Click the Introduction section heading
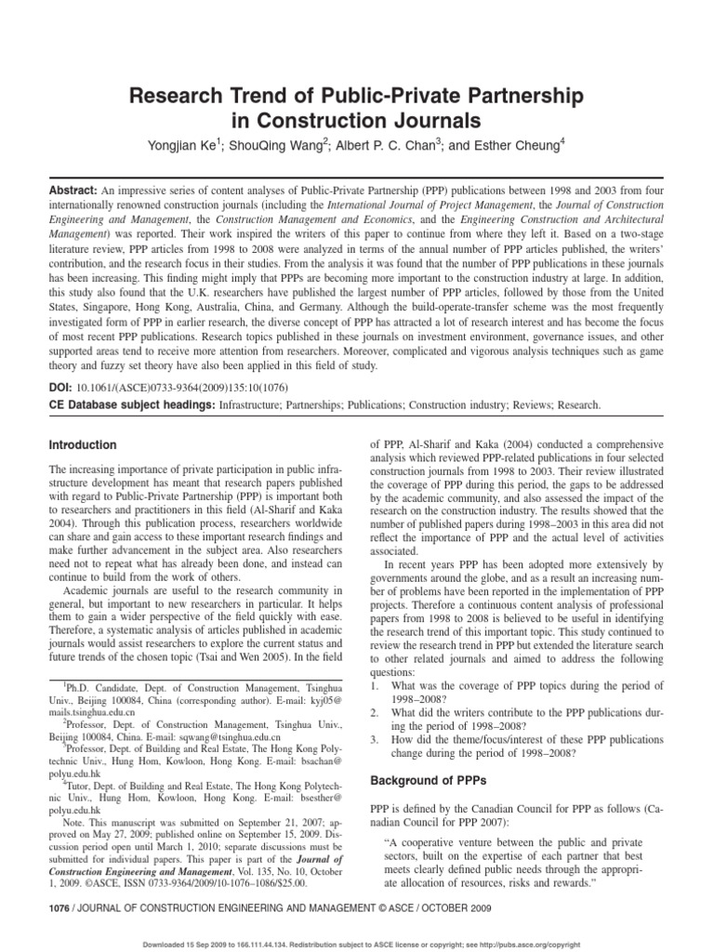click(x=83, y=445)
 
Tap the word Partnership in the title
click(x=509, y=97)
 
